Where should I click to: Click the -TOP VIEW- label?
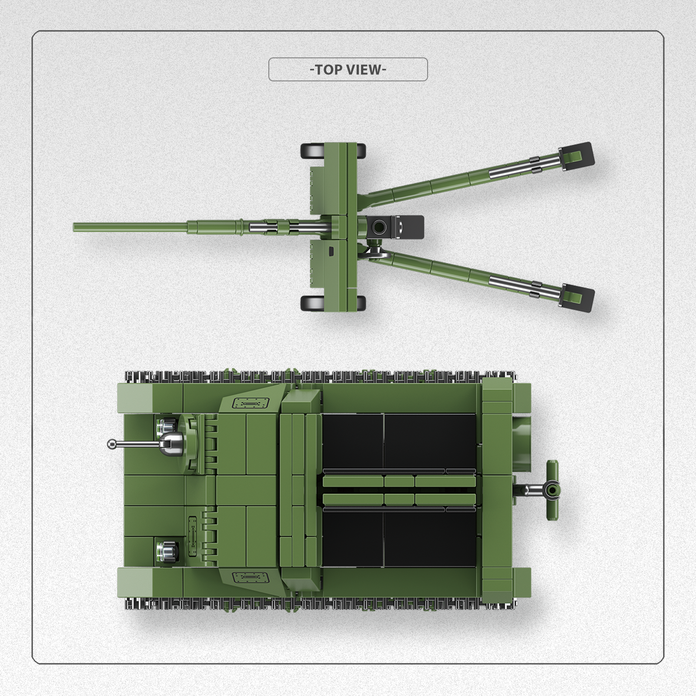(x=348, y=70)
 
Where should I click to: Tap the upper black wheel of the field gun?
(x=333, y=151)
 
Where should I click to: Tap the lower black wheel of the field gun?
(x=333, y=303)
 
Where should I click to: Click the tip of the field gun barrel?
(x=74, y=227)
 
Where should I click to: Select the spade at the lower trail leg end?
(x=577, y=298)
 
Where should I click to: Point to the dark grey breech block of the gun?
(x=396, y=226)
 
